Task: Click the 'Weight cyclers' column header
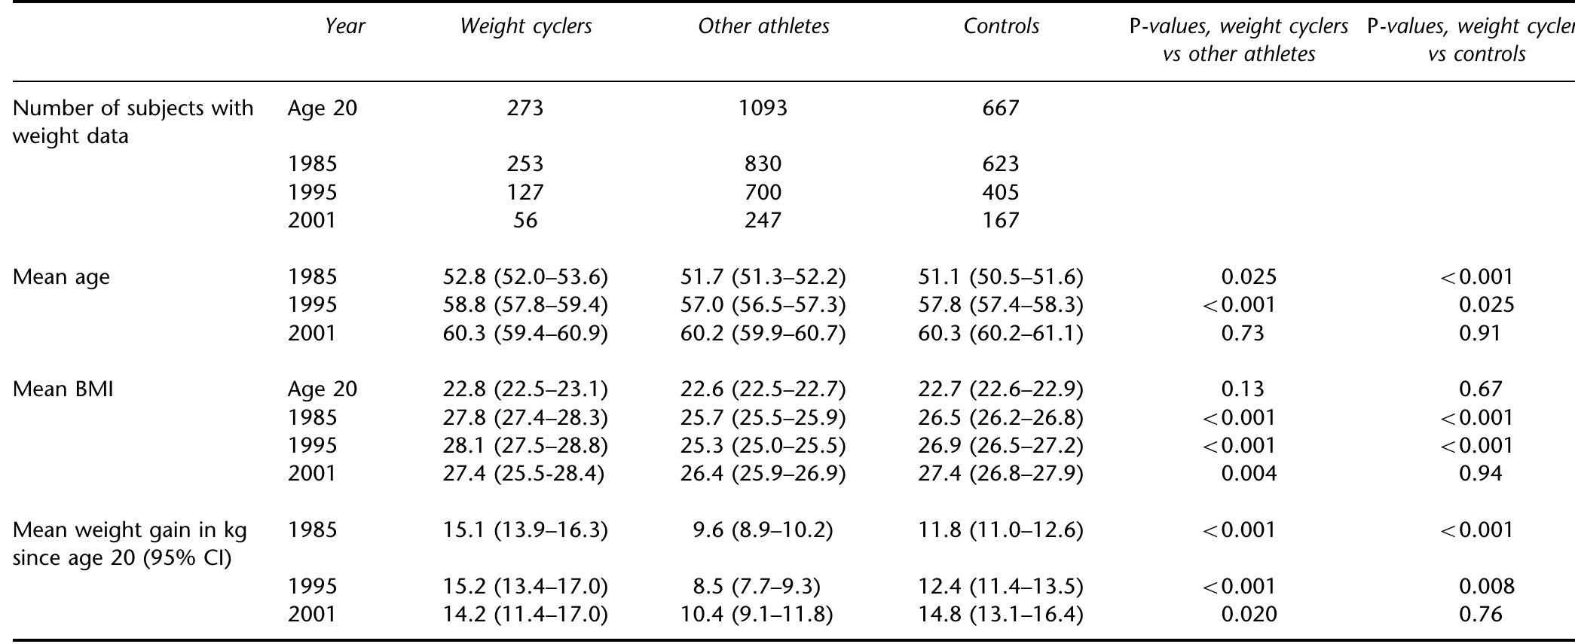click(525, 26)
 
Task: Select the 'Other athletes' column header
click(763, 26)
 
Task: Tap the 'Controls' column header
click(1001, 26)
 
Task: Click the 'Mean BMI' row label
click(63, 389)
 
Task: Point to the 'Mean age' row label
click(61, 277)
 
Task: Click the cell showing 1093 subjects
click(763, 108)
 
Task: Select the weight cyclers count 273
click(525, 108)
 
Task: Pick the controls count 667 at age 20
click(1001, 108)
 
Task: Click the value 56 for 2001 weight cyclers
click(525, 221)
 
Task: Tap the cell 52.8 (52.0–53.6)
click(525, 277)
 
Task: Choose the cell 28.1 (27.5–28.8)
click(525, 446)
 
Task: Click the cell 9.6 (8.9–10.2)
click(763, 530)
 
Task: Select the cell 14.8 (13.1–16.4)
click(1001, 615)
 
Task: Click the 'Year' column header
click(344, 26)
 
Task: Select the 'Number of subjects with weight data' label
click(133, 122)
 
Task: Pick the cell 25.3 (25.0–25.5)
click(763, 446)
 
